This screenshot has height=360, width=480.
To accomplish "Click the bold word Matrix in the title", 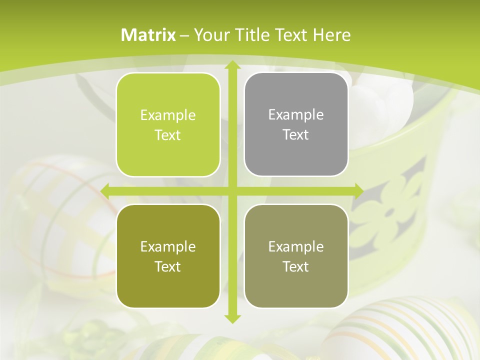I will pyautogui.click(x=148, y=35).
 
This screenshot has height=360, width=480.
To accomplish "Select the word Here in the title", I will pyautogui.click(x=331, y=35).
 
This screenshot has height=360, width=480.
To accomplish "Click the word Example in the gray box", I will pyautogui.click(x=296, y=114).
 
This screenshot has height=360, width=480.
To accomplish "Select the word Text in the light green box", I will pyautogui.click(x=168, y=135).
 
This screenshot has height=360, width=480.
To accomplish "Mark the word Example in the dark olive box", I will pyautogui.click(x=168, y=246).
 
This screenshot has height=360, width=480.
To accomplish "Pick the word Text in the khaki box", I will pyautogui.click(x=296, y=266).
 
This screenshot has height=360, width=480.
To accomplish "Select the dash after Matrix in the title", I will pyautogui.click(x=184, y=35).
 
